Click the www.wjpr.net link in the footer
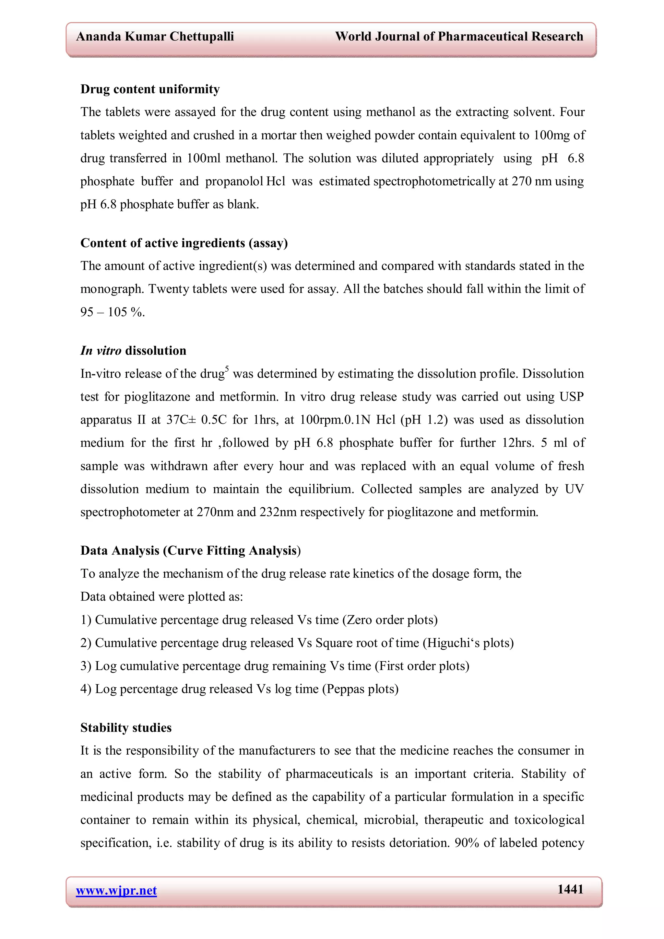tap(116, 890)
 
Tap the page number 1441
tap(570, 889)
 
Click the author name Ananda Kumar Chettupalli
tap(155, 37)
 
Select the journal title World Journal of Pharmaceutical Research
tap(459, 37)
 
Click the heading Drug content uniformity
tap(150, 89)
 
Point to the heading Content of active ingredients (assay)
tap(184, 243)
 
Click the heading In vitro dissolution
tap(133, 351)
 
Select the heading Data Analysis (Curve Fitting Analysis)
tap(190, 551)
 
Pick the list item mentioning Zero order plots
tap(259, 620)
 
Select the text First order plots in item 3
tap(422, 666)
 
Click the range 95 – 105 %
tap(113, 312)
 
